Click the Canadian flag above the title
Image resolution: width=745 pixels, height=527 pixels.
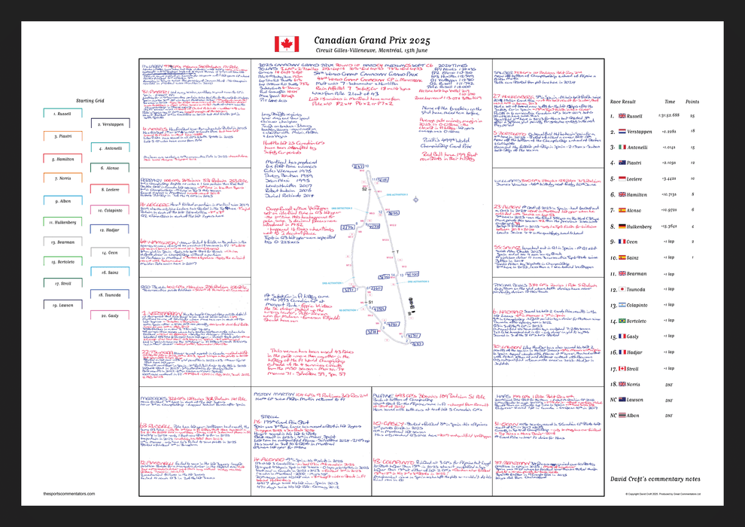coord(287,44)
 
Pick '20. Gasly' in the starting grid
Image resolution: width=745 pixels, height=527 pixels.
coord(109,315)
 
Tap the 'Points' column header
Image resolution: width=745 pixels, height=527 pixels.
coord(693,100)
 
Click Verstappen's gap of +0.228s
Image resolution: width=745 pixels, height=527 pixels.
coord(667,132)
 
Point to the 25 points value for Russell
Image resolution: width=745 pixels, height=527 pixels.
coord(692,116)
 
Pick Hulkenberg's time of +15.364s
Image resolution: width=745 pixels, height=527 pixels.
coord(668,226)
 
